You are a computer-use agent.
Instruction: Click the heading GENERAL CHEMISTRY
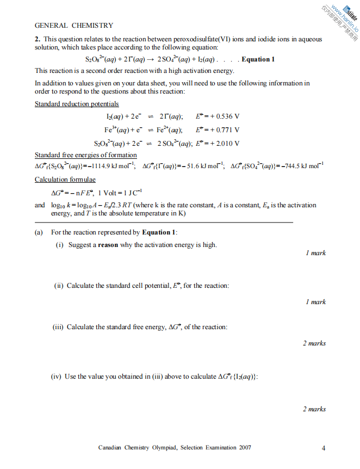click(x=74, y=25)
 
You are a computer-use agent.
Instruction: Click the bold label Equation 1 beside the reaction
click(x=258, y=59)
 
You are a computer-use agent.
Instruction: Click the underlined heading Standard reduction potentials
click(x=77, y=104)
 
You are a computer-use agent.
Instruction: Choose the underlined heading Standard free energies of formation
click(x=86, y=155)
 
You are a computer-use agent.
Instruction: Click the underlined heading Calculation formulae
click(x=65, y=179)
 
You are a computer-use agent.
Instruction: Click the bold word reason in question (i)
click(x=109, y=245)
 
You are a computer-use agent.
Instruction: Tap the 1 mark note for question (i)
click(x=315, y=253)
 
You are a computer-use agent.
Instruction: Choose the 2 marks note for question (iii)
click(x=314, y=343)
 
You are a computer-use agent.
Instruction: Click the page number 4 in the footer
click(x=323, y=448)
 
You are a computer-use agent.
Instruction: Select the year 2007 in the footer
click(x=245, y=448)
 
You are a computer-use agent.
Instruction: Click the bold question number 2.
click(x=36, y=39)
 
